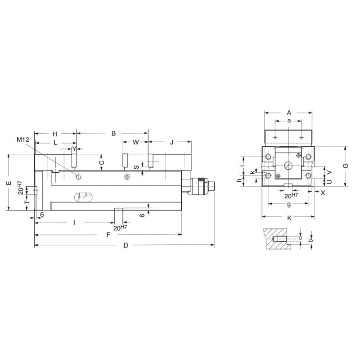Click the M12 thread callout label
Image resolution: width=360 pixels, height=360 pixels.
click(23, 139)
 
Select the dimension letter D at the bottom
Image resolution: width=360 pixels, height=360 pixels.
click(126, 245)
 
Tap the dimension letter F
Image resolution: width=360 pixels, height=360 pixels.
click(108, 235)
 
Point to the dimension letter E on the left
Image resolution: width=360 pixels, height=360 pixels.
click(9, 183)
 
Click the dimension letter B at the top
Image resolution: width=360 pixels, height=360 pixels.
click(113, 133)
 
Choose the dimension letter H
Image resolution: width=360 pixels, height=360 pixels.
click(55, 134)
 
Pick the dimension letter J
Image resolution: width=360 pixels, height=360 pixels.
click(172, 142)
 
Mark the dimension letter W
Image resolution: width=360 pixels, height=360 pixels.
click(136, 142)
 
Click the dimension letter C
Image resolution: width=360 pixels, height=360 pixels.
click(101, 163)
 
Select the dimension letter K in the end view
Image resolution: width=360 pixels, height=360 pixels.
click(289, 218)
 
